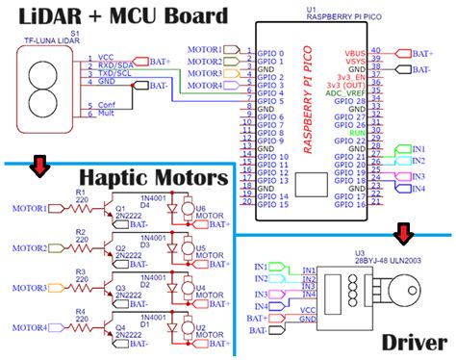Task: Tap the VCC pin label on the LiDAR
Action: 105,58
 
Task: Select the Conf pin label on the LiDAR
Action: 107,105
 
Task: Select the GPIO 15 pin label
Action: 273,205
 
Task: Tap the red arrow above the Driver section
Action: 402,232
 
